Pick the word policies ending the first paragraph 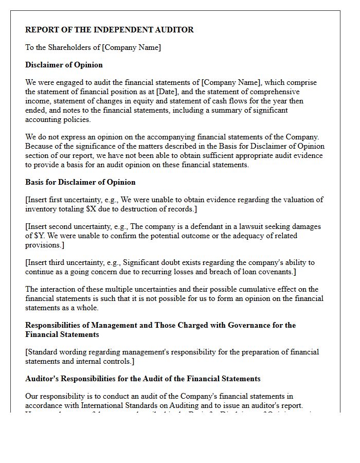[x=77, y=119]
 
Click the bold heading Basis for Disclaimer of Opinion [x=80, y=182]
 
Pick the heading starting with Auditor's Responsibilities [x=142, y=379]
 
